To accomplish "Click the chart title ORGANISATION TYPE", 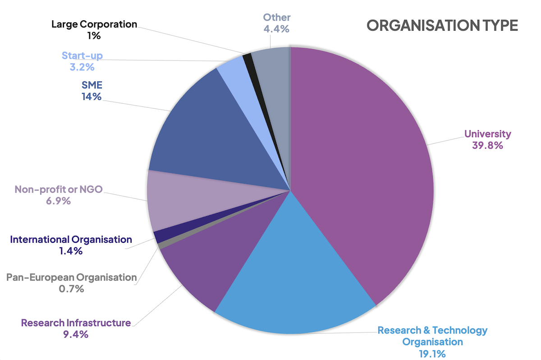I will click(442, 25).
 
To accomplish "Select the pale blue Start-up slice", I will click(232, 72).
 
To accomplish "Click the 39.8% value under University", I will click(487, 146).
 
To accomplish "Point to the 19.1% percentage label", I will click(432, 353).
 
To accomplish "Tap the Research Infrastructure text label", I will click(76, 323).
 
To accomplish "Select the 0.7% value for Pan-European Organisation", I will click(71, 289).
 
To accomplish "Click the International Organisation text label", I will click(71, 240).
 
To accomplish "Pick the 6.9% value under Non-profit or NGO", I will click(58, 201).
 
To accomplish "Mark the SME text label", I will click(92, 84).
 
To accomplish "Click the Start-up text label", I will click(82, 56).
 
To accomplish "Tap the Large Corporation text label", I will click(94, 24).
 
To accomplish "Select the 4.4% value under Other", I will click(277, 29).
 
